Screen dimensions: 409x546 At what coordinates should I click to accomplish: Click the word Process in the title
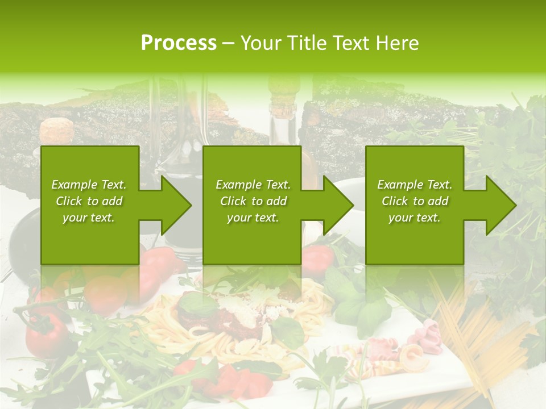(179, 43)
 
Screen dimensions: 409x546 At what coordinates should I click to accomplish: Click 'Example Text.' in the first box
(89, 185)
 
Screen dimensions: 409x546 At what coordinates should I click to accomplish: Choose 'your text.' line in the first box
(89, 218)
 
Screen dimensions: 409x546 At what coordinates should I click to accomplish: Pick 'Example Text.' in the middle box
(253, 185)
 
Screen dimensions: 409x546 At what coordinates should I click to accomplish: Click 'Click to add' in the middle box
(253, 201)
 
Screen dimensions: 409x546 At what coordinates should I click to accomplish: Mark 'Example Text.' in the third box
(415, 185)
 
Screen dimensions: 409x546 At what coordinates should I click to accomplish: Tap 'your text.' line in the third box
(415, 218)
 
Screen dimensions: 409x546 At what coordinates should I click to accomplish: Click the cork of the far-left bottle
(52, 128)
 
